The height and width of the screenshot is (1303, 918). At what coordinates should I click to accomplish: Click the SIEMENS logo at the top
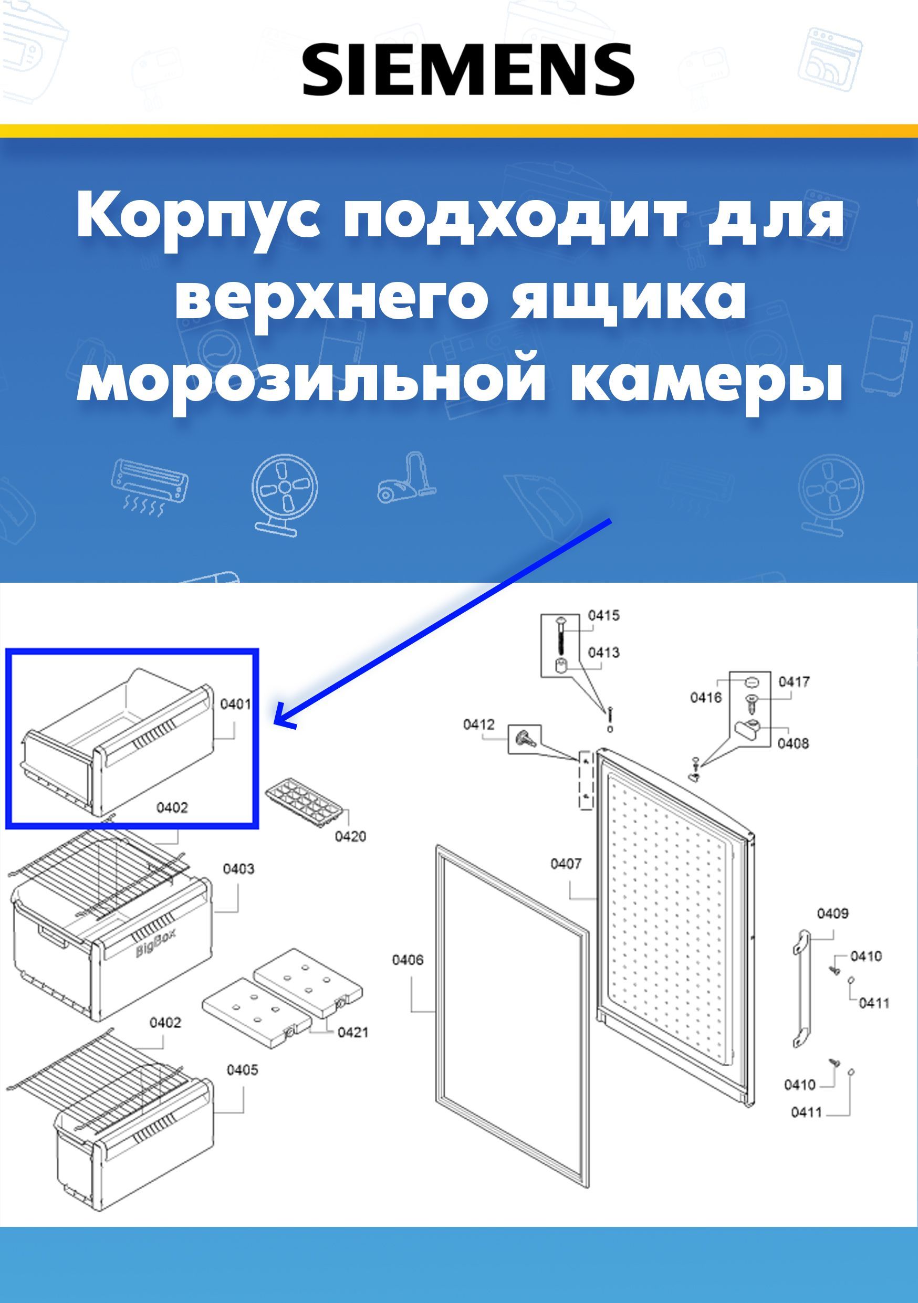468,69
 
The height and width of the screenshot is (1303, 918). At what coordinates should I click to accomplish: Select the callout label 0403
238,869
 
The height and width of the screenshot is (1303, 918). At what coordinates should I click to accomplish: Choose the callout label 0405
243,1070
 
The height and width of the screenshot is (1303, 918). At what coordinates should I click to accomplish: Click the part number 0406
408,960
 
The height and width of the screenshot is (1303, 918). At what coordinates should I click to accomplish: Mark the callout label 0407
566,864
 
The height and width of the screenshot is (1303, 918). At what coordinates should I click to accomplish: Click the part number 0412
478,724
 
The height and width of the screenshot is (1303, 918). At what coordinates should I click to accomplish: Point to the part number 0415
603,615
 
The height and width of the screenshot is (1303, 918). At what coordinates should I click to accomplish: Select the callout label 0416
706,697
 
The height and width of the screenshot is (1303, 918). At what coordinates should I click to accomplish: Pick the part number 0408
793,743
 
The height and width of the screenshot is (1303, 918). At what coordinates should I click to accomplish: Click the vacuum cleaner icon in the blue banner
407,477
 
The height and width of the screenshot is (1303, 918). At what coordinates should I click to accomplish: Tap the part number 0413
603,652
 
